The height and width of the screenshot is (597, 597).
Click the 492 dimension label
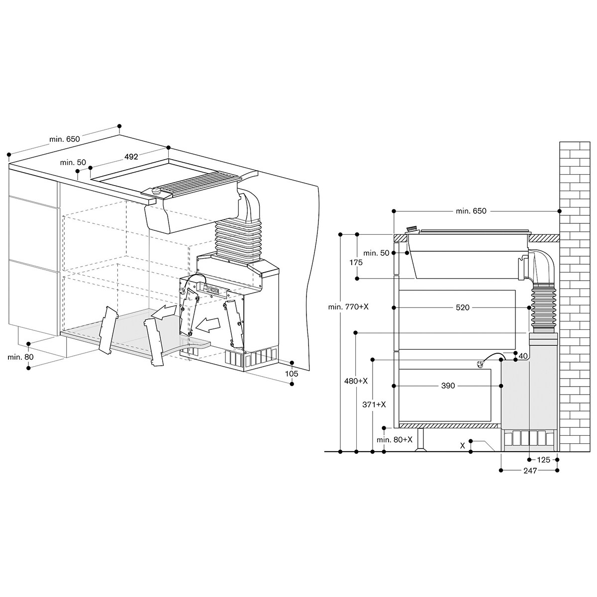(x=131, y=157)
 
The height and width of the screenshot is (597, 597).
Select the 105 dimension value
(x=292, y=373)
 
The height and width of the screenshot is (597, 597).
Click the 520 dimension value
(x=462, y=307)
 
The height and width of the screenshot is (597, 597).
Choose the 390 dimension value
(x=448, y=386)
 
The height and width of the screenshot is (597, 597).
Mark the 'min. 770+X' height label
(x=348, y=307)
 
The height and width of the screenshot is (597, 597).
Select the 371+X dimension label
(x=375, y=404)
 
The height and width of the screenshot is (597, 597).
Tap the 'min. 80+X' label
(x=395, y=439)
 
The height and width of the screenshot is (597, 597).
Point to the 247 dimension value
(x=530, y=470)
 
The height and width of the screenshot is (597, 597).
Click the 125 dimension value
(x=544, y=460)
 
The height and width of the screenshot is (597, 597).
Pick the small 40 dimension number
(x=522, y=356)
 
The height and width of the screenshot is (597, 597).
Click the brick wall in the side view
(x=575, y=298)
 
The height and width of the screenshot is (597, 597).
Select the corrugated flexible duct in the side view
(x=541, y=308)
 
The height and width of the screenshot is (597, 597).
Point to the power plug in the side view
(x=481, y=365)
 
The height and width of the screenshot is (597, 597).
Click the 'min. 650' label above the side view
(x=471, y=211)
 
